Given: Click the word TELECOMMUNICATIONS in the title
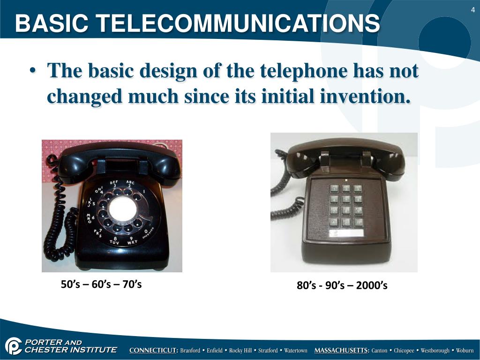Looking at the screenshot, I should (253, 23).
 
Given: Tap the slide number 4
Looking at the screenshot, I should (472, 10).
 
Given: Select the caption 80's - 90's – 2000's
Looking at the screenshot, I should (342, 285).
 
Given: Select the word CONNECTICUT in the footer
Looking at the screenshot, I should (153, 351).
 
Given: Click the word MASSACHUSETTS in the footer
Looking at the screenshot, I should (342, 351).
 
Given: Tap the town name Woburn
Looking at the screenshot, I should (465, 351).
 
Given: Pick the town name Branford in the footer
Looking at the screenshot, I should (190, 351).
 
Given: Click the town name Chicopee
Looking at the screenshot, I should (404, 351).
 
